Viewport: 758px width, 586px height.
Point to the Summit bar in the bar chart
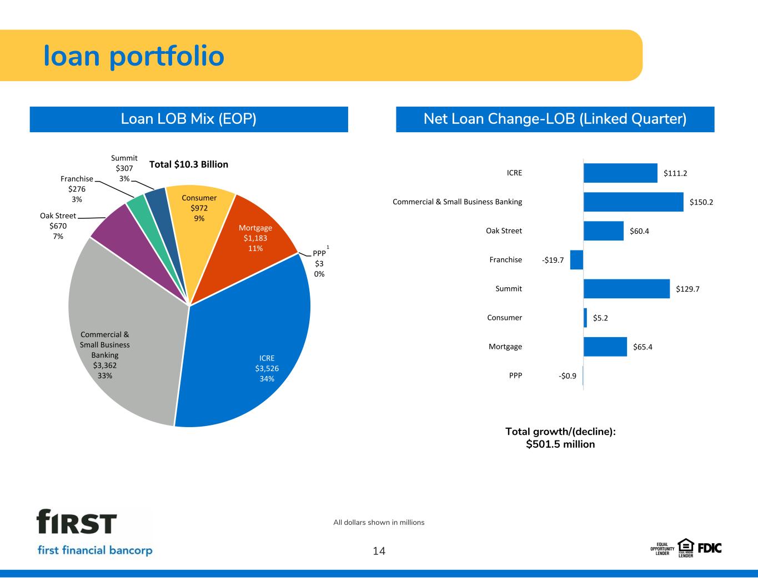pyautogui.click(x=626, y=289)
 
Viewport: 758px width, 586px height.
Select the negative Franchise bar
pyautogui.click(x=576, y=260)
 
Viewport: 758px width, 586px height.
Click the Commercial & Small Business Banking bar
pyautogui.click(x=634, y=202)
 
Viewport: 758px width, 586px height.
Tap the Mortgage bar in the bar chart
pyautogui.click(x=605, y=347)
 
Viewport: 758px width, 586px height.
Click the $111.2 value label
pyautogui.click(x=675, y=173)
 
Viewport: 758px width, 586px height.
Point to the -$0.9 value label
pyautogui.click(x=567, y=376)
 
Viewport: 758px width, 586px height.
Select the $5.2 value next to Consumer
pyautogui.click(x=600, y=318)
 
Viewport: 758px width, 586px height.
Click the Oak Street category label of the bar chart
pyautogui.click(x=504, y=231)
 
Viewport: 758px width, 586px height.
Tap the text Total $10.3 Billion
pyautogui.click(x=189, y=164)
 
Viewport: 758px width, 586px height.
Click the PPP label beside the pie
pyautogui.click(x=319, y=253)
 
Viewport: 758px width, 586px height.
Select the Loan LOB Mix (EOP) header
pyautogui.click(x=189, y=119)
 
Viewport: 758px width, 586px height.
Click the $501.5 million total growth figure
pyautogui.click(x=560, y=444)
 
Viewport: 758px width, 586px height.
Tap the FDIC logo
pyautogui.click(x=710, y=548)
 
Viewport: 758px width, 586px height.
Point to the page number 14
pyautogui.click(x=379, y=551)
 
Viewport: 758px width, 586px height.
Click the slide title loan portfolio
pyautogui.click(x=134, y=56)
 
